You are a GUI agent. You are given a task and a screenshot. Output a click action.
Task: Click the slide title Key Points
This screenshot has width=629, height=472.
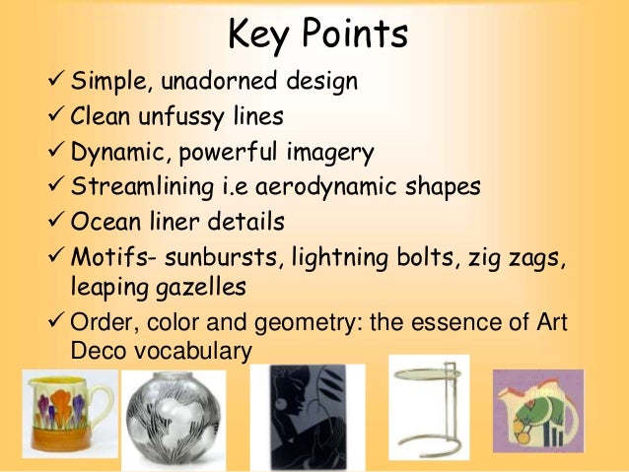316,35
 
